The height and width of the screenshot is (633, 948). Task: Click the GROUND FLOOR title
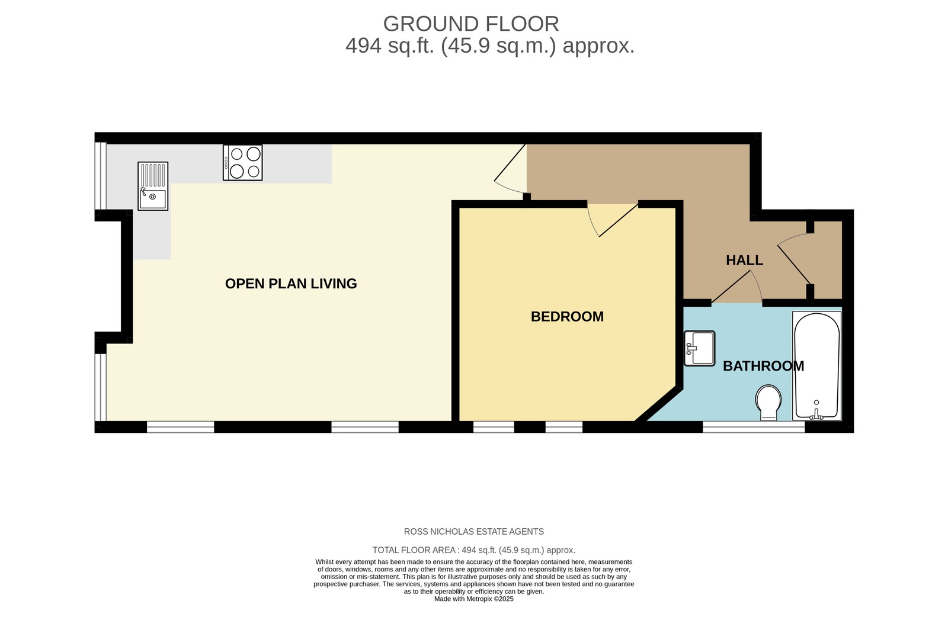pyautogui.click(x=471, y=24)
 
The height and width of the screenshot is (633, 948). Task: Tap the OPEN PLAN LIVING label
pyautogui.click(x=291, y=284)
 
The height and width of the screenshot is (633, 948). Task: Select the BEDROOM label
pyautogui.click(x=567, y=317)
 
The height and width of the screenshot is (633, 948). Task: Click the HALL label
pyautogui.click(x=744, y=260)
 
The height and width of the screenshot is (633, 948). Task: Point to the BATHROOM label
pyautogui.click(x=763, y=366)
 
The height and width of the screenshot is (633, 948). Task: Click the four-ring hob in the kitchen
pyautogui.click(x=243, y=163)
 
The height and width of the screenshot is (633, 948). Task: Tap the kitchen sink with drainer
pyautogui.click(x=153, y=186)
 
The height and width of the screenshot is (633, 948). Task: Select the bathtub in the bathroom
pyautogui.click(x=816, y=366)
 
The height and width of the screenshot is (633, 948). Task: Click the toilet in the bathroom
pyautogui.click(x=768, y=402)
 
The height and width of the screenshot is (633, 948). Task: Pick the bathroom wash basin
pyautogui.click(x=700, y=348)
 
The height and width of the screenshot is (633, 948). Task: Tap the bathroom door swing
pyautogui.click(x=738, y=287)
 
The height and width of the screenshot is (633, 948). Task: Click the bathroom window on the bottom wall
pyautogui.click(x=754, y=427)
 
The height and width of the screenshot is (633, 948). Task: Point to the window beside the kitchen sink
pyautogui.click(x=101, y=176)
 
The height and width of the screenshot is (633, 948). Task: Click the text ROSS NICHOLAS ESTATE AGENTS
pyautogui.click(x=473, y=532)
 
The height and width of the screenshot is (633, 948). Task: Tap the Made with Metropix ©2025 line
pyautogui.click(x=473, y=599)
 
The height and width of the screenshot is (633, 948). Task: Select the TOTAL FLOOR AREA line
pyautogui.click(x=473, y=550)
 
